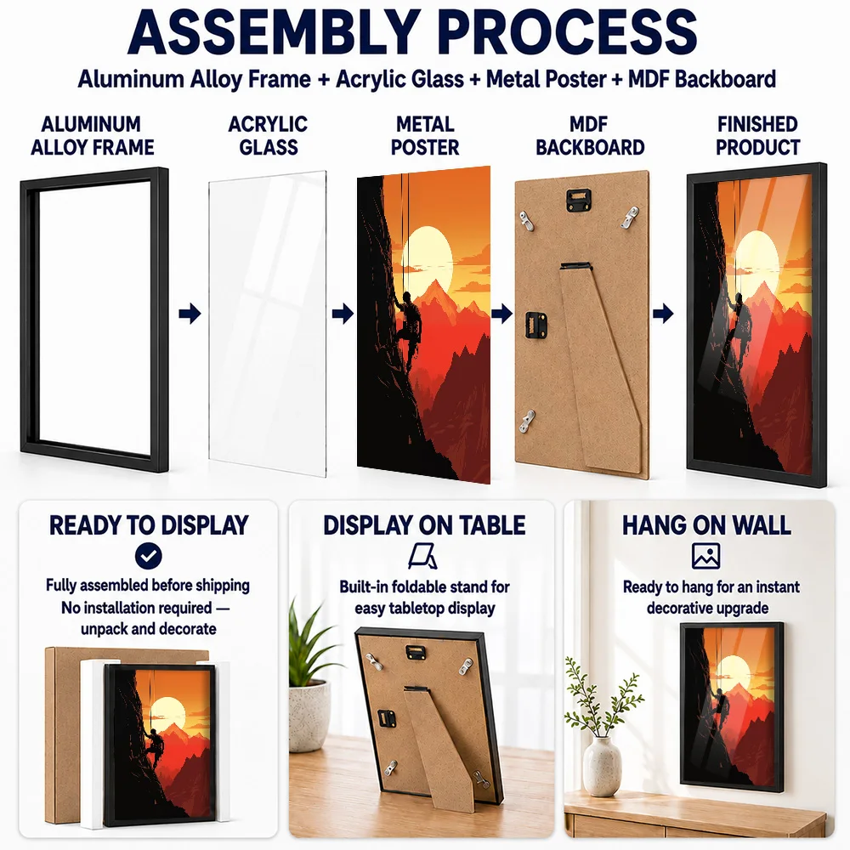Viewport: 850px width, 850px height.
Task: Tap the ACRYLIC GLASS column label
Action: pos(268,135)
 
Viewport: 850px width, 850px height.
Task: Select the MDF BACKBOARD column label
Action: pos(590,135)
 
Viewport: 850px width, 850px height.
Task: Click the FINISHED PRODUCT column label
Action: pos(758,135)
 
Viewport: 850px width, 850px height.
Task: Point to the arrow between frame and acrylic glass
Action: pos(190,313)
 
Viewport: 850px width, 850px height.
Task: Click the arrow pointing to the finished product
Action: pos(663,313)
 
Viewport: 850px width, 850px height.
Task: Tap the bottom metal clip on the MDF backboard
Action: pos(527,422)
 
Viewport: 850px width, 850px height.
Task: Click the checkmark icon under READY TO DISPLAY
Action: pos(149,556)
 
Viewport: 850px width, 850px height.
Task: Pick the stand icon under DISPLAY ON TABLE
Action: pos(422,557)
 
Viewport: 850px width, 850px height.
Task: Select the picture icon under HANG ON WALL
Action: pos(705,556)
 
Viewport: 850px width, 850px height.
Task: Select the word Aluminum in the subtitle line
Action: pos(131,79)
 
